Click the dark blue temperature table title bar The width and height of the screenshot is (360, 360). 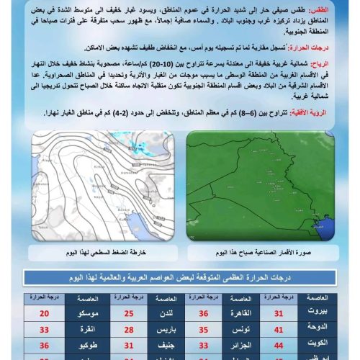point(180,278)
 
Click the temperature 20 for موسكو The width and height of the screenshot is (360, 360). point(45,313)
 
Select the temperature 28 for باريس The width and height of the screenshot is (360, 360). point(130,330)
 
